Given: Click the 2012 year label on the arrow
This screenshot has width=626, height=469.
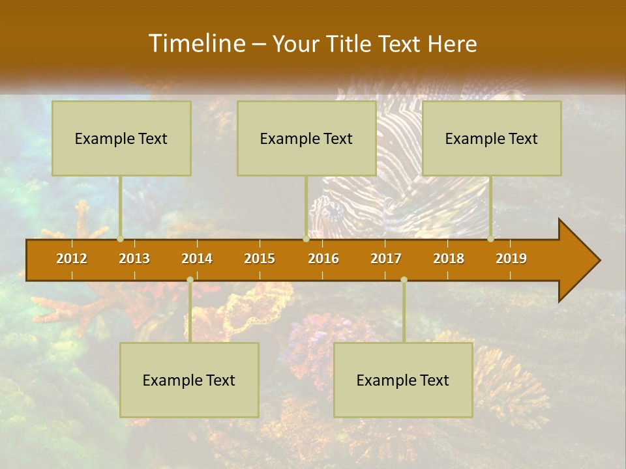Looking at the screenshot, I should click(x=72, y=259).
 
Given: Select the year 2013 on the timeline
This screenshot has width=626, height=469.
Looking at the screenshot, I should click(x=134, y=259).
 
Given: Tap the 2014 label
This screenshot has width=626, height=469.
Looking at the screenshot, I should click(x=197, y=259).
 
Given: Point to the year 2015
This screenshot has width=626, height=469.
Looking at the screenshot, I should click(x=260, y=259).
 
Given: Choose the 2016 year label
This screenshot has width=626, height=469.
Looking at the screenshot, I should click(x=323, y=259).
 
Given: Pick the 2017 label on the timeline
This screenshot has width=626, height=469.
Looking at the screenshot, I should click(x=386, y=259).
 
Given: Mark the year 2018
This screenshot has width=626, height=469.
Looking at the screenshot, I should click(x=449, y=259).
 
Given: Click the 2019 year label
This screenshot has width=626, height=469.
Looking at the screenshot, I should click(x=511, y=259).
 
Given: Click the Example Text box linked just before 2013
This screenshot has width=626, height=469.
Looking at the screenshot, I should click(x=121, y=138).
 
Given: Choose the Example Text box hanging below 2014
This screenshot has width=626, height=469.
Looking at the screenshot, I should click(x=189, y=380).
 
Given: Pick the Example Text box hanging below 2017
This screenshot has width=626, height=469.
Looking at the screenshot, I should click(x=403, y=380).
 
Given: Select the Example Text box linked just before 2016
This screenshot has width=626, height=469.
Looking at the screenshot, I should click(x=306, y=138).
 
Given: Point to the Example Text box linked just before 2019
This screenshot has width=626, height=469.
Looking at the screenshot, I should click(x=492, y=138).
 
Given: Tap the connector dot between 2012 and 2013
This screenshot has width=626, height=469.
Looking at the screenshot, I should click(x=121, y=238).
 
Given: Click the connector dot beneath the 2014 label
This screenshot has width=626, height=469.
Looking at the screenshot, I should click(x=190, y=279).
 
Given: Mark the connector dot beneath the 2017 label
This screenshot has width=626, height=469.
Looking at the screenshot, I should click(x=404, y=279).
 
